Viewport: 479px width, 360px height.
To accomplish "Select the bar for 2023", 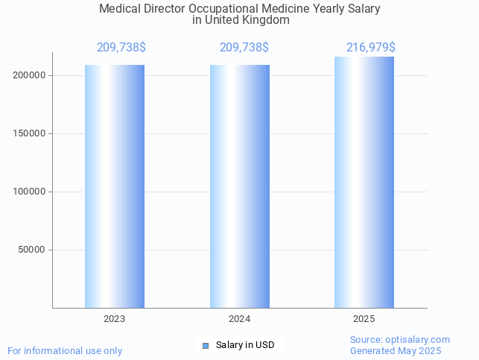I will click(115, 186).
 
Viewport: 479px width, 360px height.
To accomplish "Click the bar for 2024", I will click(240, 186).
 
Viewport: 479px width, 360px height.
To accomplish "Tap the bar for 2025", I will click(364, 183).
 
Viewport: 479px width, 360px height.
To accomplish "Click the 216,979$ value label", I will click(371, 48).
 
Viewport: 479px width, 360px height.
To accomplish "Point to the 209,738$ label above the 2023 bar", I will click(121, 48).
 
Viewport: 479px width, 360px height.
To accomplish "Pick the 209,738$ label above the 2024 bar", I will click(244, 48).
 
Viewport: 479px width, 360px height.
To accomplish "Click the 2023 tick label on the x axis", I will click(115, 319).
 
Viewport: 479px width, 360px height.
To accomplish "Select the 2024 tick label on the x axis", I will click(240, 319).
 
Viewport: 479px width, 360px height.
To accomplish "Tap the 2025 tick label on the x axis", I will click(364, 319).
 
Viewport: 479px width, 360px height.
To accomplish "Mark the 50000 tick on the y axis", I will click(34, 250).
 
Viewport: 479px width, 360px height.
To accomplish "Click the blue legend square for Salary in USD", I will click(206, 345).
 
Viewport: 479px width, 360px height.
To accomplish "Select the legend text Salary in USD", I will click(245, 345).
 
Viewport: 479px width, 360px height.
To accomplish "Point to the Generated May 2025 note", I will click(396, 351).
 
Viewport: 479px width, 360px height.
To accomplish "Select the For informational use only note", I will click(65, 351).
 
